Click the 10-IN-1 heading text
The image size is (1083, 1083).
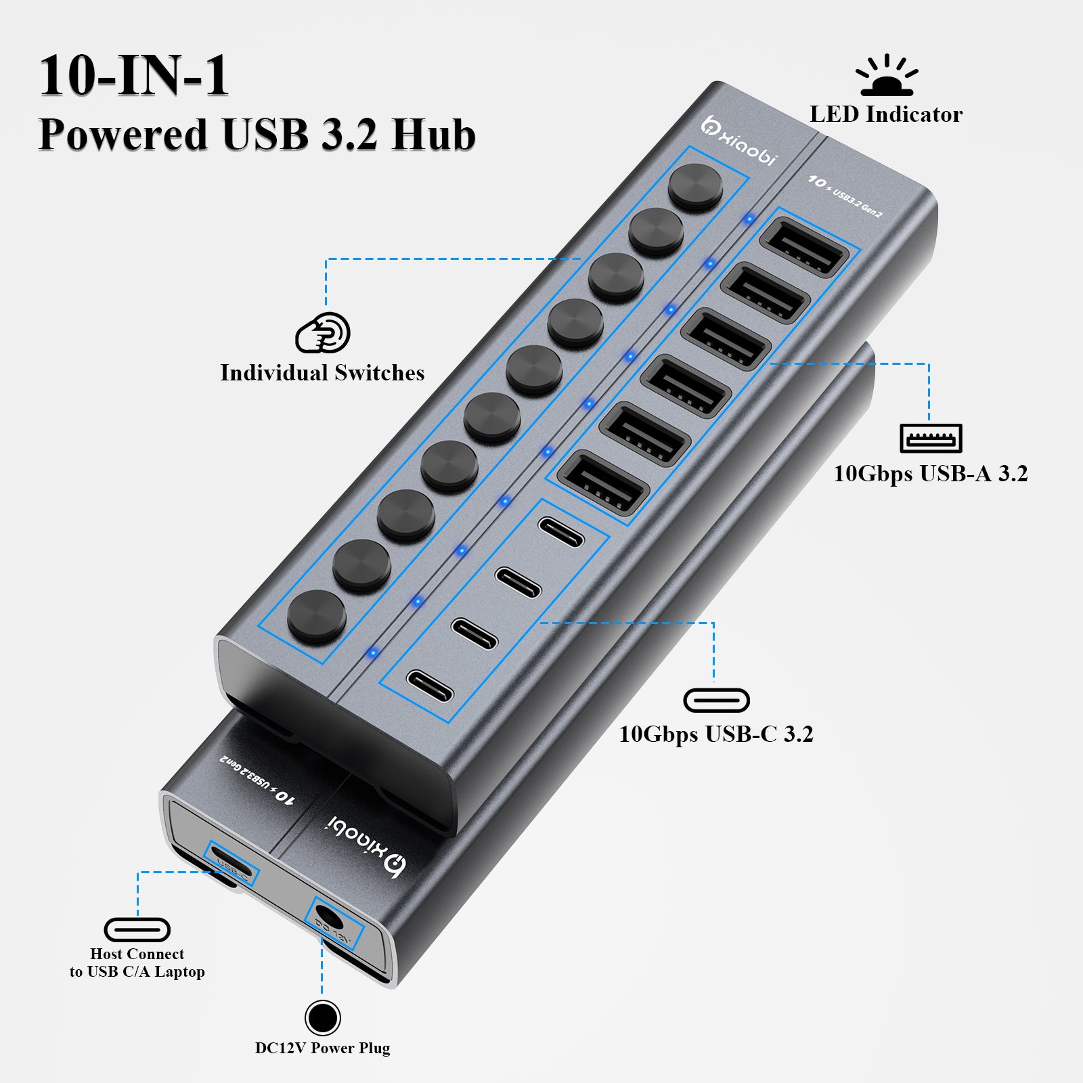[x=134, y=76]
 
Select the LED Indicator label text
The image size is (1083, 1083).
[x=886, y=114]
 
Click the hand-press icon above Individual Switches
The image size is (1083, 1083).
[x=323, y=332]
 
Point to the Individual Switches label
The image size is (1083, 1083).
[x=322, y=373]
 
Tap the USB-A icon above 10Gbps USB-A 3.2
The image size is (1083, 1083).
[x=931, y=439]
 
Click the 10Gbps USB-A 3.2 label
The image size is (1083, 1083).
[x=930, y=474]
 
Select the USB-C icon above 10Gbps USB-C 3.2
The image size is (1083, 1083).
[x=716, y=700]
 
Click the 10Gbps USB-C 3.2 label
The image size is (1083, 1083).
[x=716, y=734]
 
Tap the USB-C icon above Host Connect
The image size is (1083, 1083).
[x=137, y=929]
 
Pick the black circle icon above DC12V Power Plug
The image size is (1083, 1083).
[x=322, y=1017]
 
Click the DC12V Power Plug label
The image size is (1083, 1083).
[x=322, y=1048]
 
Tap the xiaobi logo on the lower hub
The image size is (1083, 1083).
[x=366, y=846]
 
